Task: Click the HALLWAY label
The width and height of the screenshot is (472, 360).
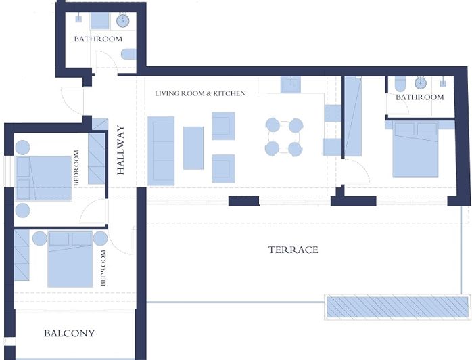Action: click(x=121, y=150)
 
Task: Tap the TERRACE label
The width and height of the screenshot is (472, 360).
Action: click(x=293, y=250)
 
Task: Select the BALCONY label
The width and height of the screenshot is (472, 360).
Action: click(x=69, y=333)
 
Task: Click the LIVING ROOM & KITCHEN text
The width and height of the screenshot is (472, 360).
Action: click(x=200, y=93)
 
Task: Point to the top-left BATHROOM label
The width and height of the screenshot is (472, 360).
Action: click(x=98, y=39)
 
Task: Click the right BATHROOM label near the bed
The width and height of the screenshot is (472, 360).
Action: click(x=419, y=97)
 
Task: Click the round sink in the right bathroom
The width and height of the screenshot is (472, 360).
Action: click(x=421, y=83)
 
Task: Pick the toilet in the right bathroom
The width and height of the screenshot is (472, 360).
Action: click(x=400, y=85)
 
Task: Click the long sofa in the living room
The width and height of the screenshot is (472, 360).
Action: click(x=161, y=150)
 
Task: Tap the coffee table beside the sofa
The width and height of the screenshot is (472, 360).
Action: click(x=193, y=148)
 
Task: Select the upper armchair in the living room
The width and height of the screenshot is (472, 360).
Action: click(x=223, y=126)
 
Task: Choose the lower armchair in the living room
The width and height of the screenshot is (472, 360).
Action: click(x=223, y=168)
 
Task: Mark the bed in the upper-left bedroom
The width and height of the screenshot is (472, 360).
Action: click(x=43, y=178)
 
